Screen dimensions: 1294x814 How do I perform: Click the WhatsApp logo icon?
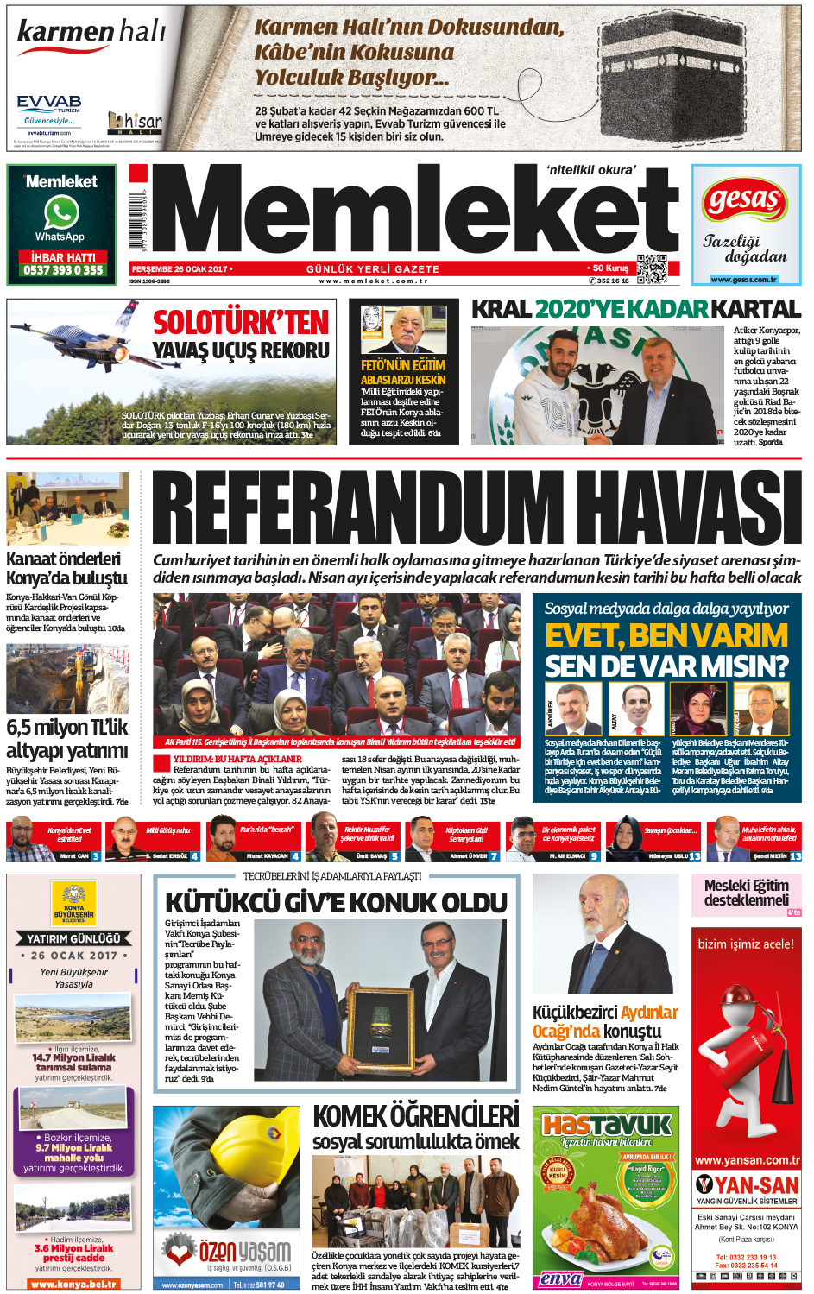pyautogui.click(x=61, y=212)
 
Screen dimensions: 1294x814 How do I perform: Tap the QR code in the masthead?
pyautogui.click(x=652, y=268)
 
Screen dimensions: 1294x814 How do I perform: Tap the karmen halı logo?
pyautogui.click(x=91, y=34)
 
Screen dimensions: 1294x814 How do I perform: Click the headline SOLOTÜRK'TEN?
pyautogui.click(x=241, y=323)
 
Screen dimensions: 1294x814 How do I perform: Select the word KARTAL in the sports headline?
pyautogui.click(x=755, y=309)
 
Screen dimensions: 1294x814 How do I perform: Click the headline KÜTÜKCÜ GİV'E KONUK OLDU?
pyautogui.click(x=336, y=903)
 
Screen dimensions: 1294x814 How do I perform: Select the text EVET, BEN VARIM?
pyautogui.click(x=666, y=636)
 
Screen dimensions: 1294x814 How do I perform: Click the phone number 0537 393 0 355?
pyautogui.click(x=62, y=270)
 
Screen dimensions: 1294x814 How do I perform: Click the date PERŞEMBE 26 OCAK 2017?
pyautogui.click(x=181, y=269)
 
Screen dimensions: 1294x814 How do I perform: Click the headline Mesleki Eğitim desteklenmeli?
pyautogui.click(x=746, y=892)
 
